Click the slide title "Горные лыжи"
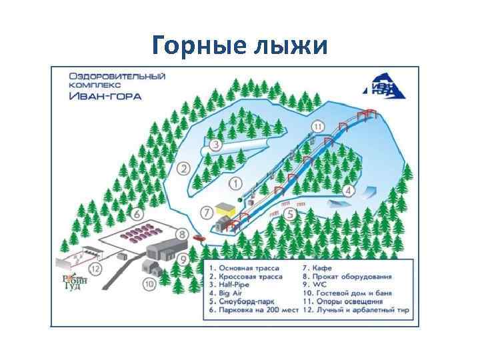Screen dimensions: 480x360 (240, 45)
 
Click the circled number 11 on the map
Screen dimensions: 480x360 (318, 126)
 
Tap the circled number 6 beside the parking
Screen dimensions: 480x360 (138, 215)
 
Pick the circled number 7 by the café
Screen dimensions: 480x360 (207, 213)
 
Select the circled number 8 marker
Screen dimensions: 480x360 (182, 235)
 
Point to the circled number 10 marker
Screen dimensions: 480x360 (148, 283)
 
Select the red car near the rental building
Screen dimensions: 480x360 (199, 237)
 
